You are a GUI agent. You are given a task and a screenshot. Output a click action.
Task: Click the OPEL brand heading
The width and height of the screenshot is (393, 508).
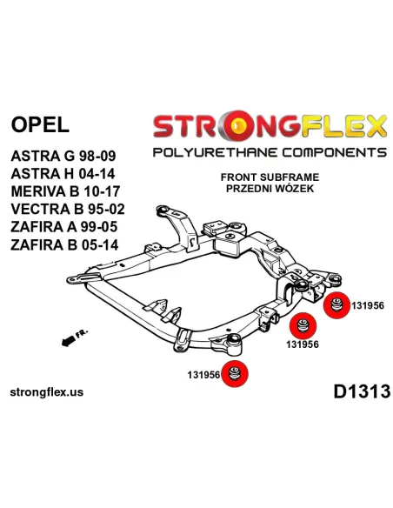[40, 124]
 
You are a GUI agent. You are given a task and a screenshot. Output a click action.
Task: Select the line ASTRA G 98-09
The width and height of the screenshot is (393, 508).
[63, 157]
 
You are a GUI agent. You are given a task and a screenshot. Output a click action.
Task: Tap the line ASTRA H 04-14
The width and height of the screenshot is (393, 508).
[63, 174]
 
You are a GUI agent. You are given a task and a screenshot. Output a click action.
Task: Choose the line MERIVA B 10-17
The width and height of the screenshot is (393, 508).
[65, 191]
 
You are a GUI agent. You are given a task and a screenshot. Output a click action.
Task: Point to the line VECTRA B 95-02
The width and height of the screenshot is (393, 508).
[68, 209]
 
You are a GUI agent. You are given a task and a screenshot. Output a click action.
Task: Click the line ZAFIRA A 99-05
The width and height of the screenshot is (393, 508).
[63, 227]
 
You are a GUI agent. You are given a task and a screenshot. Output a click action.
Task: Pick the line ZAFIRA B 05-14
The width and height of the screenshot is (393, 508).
[64, 244]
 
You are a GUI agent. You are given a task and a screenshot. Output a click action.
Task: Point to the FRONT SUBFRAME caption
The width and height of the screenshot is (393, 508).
[270, 177]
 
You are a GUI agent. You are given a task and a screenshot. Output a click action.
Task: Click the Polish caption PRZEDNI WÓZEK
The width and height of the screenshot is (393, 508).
[270, 188]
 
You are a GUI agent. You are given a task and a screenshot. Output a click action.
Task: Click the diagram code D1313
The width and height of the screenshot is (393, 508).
[362, 391]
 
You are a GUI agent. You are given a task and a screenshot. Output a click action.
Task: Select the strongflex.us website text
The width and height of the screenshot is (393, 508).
[47, 392]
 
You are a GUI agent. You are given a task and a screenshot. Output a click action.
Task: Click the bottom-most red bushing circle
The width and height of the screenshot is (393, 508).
[235, 373]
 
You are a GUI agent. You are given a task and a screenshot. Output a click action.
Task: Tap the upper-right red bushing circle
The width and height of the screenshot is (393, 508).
[336, 305]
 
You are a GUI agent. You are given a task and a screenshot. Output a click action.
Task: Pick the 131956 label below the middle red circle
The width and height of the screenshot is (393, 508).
[303, 344]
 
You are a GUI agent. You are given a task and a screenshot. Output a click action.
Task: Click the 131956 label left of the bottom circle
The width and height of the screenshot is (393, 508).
[203, 375]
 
